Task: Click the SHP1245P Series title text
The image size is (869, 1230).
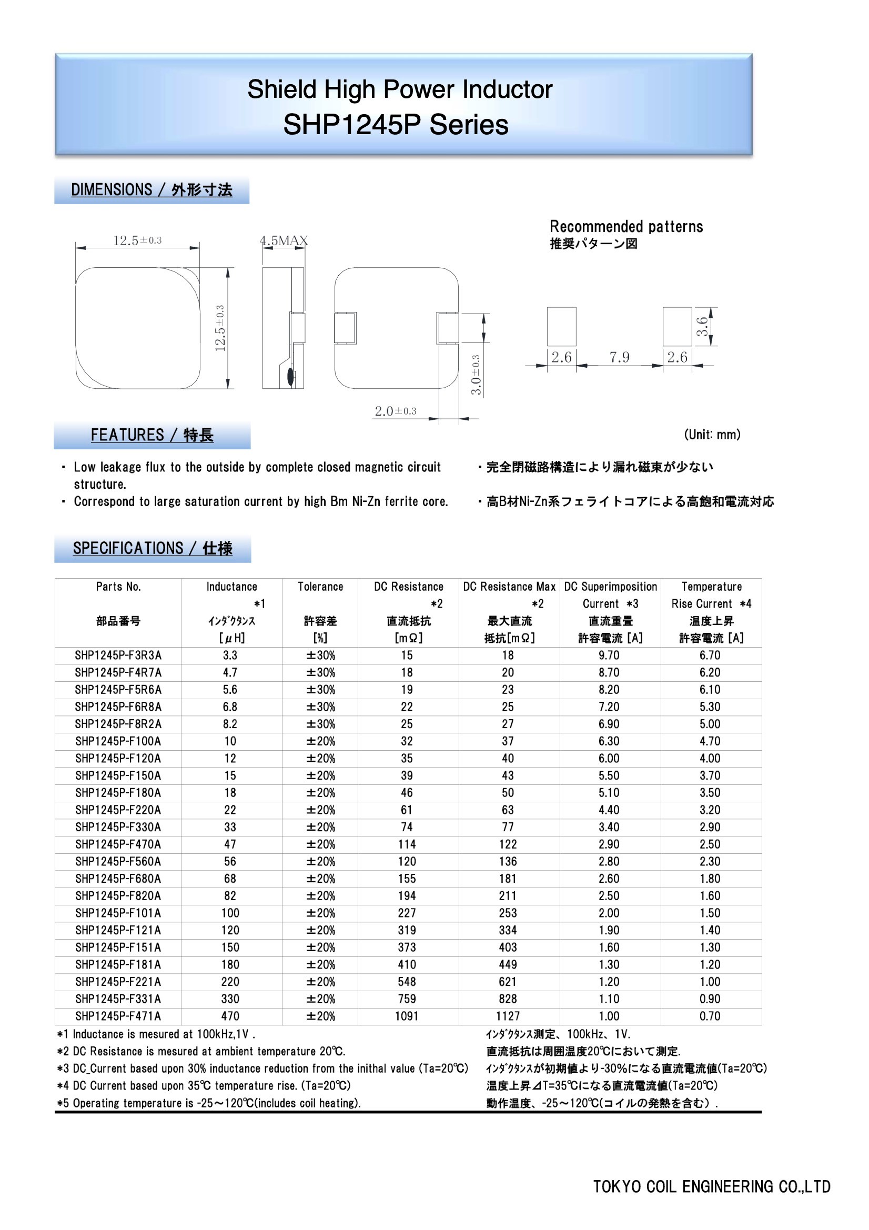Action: click(x=396, y=125)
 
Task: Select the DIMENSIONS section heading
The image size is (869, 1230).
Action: click(x=151, y=189)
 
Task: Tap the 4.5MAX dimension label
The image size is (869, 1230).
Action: click(x=284, y=240)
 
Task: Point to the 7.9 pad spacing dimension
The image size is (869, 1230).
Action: click(x=619, y=357)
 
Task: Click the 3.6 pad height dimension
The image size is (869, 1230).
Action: click(x=702, y=326)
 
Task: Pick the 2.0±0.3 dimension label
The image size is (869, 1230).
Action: click(x=396, y=411)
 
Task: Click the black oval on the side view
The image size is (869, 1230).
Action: click(x=291, y=376)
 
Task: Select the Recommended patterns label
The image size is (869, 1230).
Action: click(x=627, y=227)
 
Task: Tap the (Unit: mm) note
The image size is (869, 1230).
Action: click(x=712, y=435)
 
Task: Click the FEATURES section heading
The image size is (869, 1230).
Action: click(x=152, y=435)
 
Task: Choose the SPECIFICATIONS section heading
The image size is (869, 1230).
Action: click(x=153, y=548)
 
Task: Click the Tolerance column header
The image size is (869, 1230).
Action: click(x=320, y=587)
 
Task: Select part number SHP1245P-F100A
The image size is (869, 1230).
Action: click(x=118, y=741)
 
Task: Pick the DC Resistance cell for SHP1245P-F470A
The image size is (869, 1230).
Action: click(x=407, y=844)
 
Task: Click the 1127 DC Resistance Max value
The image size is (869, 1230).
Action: click(x=508, y=1016)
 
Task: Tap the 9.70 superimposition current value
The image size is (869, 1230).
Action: click(x=609, y=655)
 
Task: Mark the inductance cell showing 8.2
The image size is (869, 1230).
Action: click(x=230, y=724)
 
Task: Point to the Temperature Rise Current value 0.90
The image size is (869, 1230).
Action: click(x=710, y=999)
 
